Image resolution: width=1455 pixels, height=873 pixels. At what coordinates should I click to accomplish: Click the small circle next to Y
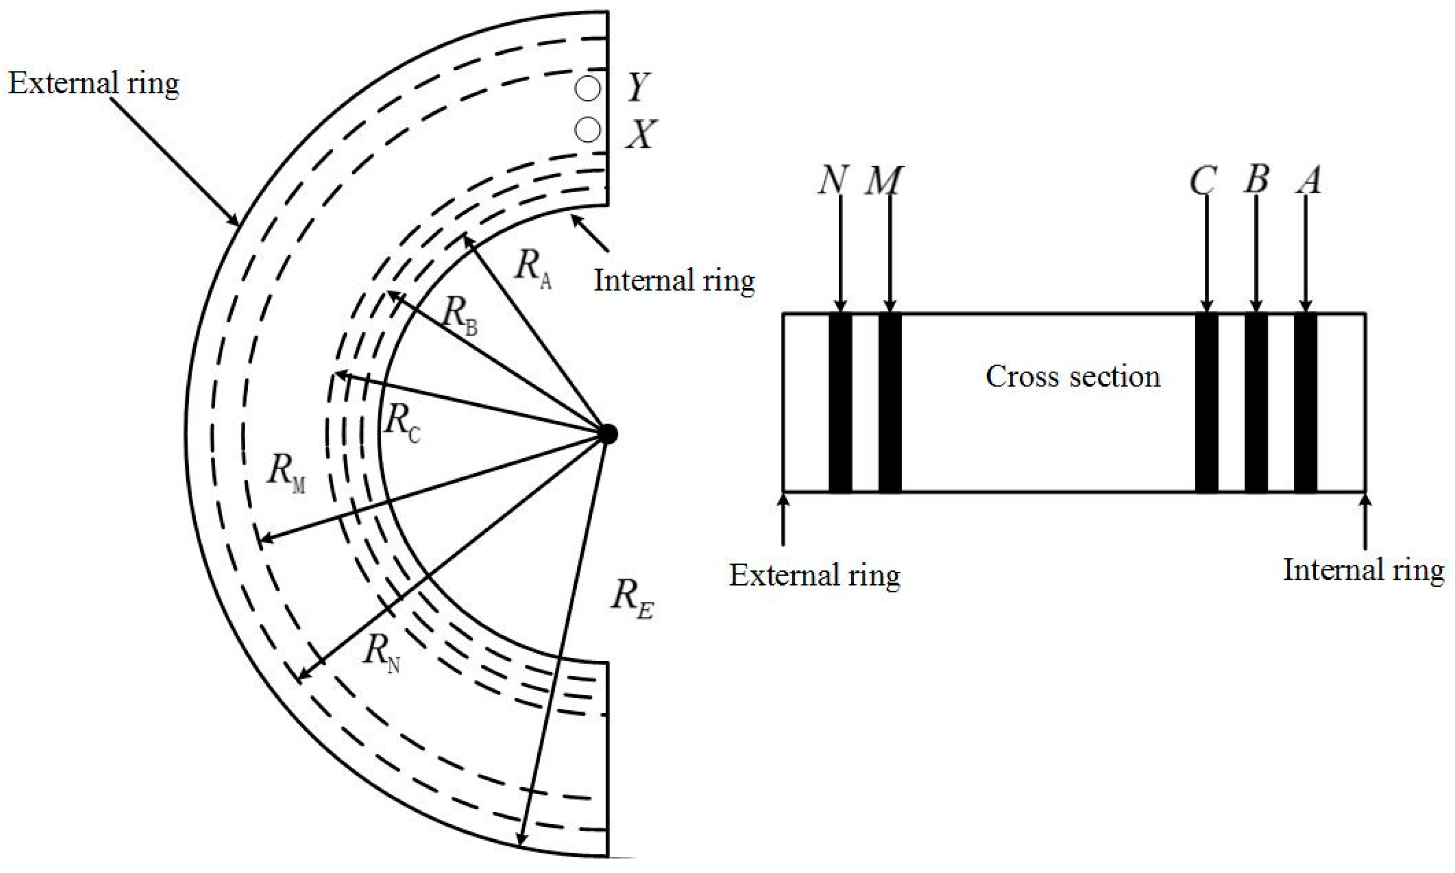pyautogui.click(x=587, y=89)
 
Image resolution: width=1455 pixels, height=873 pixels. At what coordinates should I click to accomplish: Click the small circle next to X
pyautogui.click(x=587, y=129)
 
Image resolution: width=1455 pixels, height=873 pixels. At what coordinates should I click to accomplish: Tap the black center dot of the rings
pyautogui.click(x=608, y=434)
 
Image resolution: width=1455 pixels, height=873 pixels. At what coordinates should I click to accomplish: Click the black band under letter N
pyautogui.click(x=840, y=402)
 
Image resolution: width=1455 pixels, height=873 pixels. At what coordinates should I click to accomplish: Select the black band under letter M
pyautogui.click(x=889, y=402)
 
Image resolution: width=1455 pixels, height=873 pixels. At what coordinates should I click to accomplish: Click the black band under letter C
pyautogui.click(x=1207, y=402)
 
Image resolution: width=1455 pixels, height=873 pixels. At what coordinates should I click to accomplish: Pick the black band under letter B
pyautogui.click(x=1256, y=402)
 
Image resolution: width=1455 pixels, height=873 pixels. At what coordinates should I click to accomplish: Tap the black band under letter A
pyautogui.click(x=1305, y=402)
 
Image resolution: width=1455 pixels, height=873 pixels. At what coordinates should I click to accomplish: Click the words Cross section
pyautogui.click(x=1073, y=376)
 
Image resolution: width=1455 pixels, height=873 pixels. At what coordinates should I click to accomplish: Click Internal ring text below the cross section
pyautogui.click(x=1363, y=570)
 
